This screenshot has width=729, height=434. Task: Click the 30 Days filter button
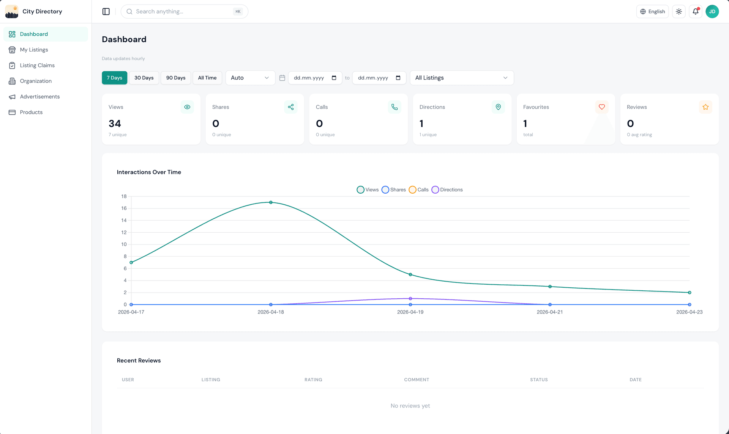coord(144,78)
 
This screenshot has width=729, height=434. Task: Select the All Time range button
coord(207,78)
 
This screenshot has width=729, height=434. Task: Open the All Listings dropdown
coord(461,78)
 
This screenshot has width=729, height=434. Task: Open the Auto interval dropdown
coord(250,78)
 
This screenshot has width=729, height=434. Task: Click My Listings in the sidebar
coord(34,50)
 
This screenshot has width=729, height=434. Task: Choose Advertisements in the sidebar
coord(39,97)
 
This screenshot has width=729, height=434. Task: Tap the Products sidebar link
coord(31,112)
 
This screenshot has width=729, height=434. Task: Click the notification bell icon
coord(695,11)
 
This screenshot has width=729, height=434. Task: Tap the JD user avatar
coord(712,11)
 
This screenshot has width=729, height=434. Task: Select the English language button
coord(652,11)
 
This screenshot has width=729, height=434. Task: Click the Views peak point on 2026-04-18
coord(271,202)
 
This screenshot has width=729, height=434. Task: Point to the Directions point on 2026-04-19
coord(410,299)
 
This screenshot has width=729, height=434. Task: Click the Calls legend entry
coord(419,190)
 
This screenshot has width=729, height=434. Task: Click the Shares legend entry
coord(394,190)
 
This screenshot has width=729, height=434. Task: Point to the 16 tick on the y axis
coord(124,208)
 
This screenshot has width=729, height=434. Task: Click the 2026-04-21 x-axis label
coord(549,312)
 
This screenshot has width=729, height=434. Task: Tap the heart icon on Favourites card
coord(601,107)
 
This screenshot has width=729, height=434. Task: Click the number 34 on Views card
coord(115,124)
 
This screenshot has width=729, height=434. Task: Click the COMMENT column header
coord(417,379)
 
